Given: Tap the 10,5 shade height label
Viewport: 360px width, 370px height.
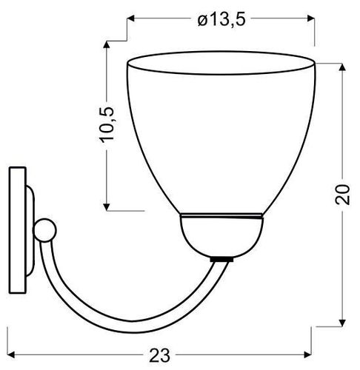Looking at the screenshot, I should point(108,119).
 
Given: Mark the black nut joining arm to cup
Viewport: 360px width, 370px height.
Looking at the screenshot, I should point(219,260).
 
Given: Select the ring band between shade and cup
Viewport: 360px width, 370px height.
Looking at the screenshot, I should point(221,217).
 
